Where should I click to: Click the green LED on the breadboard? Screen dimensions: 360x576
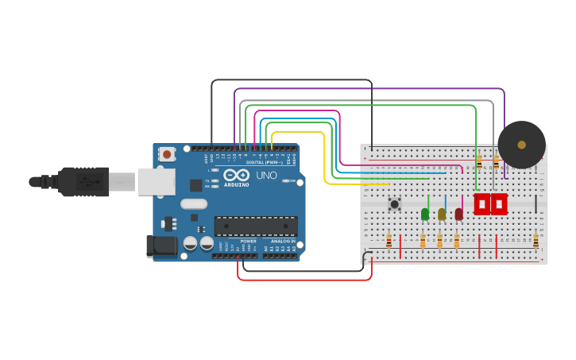coord(425,214)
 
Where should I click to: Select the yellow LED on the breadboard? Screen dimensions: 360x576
coord(442,214)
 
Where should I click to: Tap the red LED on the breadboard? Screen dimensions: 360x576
coord(458,214)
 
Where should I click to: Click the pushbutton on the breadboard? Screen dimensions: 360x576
coord(394,204)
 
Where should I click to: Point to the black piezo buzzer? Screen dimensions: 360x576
coord(521,145)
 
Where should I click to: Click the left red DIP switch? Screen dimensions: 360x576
coord(482,204)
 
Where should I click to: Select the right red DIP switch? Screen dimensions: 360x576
coord(499,204)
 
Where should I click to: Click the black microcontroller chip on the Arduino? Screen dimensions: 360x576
coord(256,226)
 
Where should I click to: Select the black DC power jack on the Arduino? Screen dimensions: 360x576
coord(162,246)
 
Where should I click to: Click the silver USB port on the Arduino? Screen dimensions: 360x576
coord(156,182)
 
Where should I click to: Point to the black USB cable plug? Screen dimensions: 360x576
coord(83,182)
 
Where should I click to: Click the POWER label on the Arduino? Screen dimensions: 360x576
coord(248,241)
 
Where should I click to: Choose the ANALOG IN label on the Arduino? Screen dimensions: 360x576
coord(282,241)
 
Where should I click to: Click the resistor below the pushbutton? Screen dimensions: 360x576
coord(389,240)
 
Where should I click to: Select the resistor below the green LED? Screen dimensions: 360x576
coord(423,240)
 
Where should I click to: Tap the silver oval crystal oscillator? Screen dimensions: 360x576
coord(194,204)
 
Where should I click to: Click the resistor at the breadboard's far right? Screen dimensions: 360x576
coord(535,240)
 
